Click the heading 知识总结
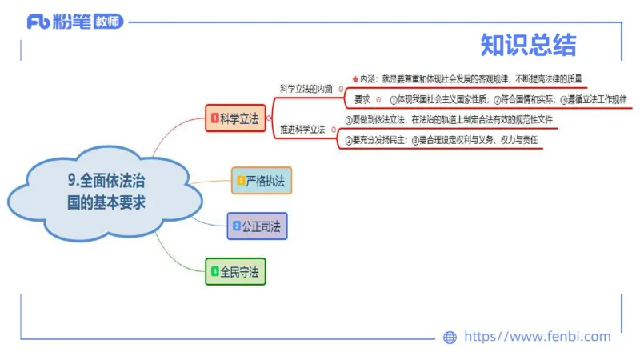pyautogui.click(x=528, y=45)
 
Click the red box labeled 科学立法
pyautogui.click(x=235, y=118)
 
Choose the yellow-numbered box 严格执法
pyautogui.click(x=261, y=181)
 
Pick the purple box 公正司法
pyautogui.click(x=257, y=226)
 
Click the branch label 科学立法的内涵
pyautogui.click(x=306, y=89)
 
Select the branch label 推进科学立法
pyautogui.click(x=302, y=129)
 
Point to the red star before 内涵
pyautogui.click(x=354, y=79)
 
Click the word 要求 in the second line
pyautogui.click(x=362, y=100)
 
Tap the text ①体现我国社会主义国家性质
pyautogui.click(x=438, y=100)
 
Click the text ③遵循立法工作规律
pyautogui.click(x=593, y=100)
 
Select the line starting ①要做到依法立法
pyautogui.click(x=448, y=120)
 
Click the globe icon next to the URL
pyautogui.click(x=450, y=337)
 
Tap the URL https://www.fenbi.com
pyautogui.click(x=537, y=337)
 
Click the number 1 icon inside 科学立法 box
pyautogui.click(x=214, y=118)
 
